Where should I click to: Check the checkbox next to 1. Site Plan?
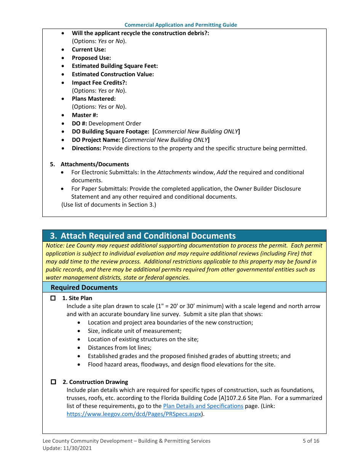point(53,298)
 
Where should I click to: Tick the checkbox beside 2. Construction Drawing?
point(53,382)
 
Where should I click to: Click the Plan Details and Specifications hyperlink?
point(203,406)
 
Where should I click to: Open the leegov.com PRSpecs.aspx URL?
point(134,414)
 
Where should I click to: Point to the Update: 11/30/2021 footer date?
point(67,448)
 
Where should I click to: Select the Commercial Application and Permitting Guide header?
point(181,25)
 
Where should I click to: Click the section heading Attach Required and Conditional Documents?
point(148,236)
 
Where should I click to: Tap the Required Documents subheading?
point(84,287)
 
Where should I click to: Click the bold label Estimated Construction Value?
point(113,74)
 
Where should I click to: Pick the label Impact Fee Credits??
point(99,82)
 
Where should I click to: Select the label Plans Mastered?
point(94,99)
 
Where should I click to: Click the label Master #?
point(85,115)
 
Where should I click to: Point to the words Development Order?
point(115,124)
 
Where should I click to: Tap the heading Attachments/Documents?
point(95,164)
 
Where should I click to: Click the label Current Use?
point(89,50)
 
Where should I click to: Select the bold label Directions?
point(86,148)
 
